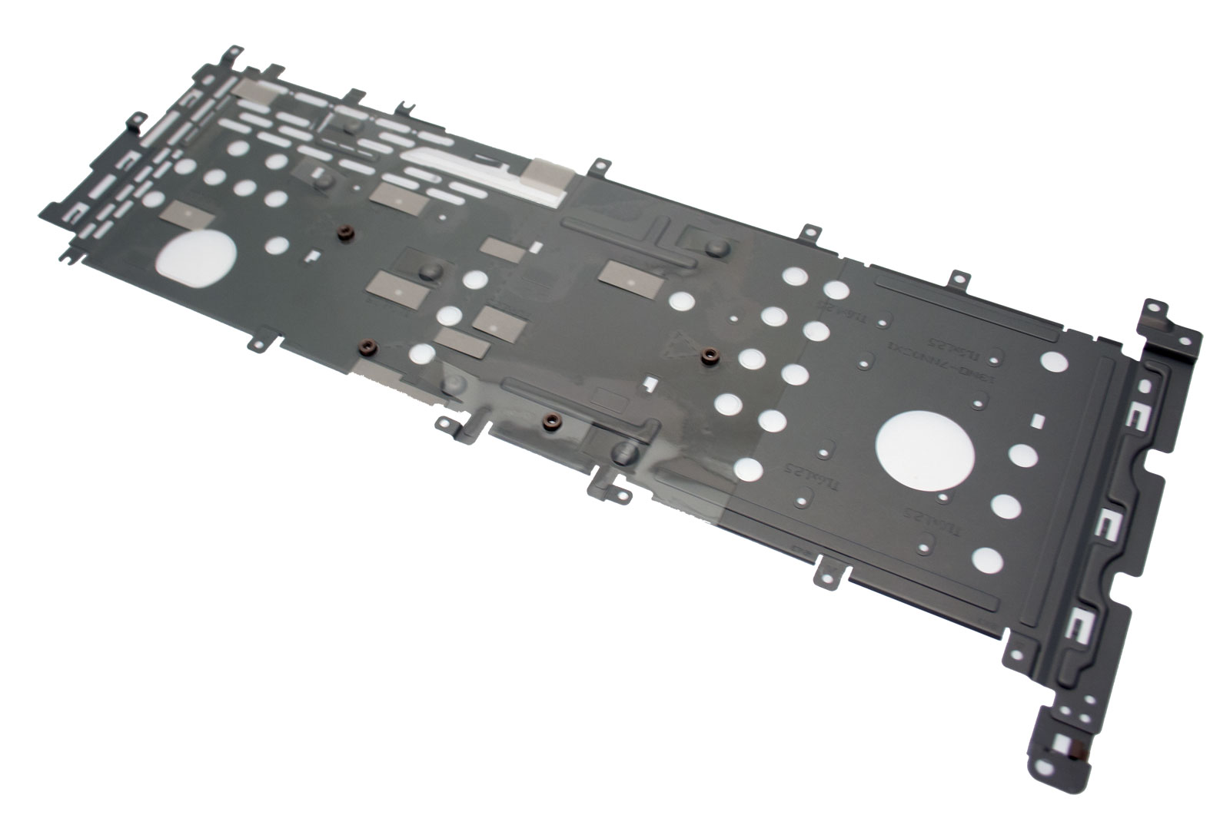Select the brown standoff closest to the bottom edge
[550, 421]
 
